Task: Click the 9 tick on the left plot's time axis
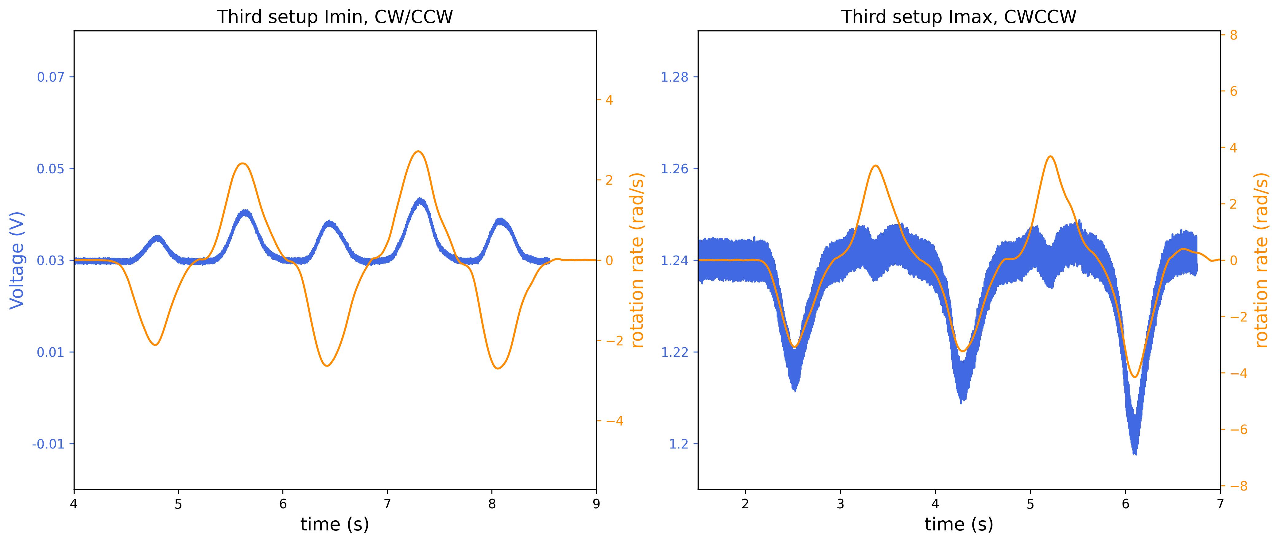(x=596, y=504)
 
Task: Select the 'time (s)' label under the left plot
(x=334, y=525)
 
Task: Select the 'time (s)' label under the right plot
(x=959, y=525)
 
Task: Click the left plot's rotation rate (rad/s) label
(x=637, y=260)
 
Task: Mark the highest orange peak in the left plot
(x=418, y=151)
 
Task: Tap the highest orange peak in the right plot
(x=1050, y=156)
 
